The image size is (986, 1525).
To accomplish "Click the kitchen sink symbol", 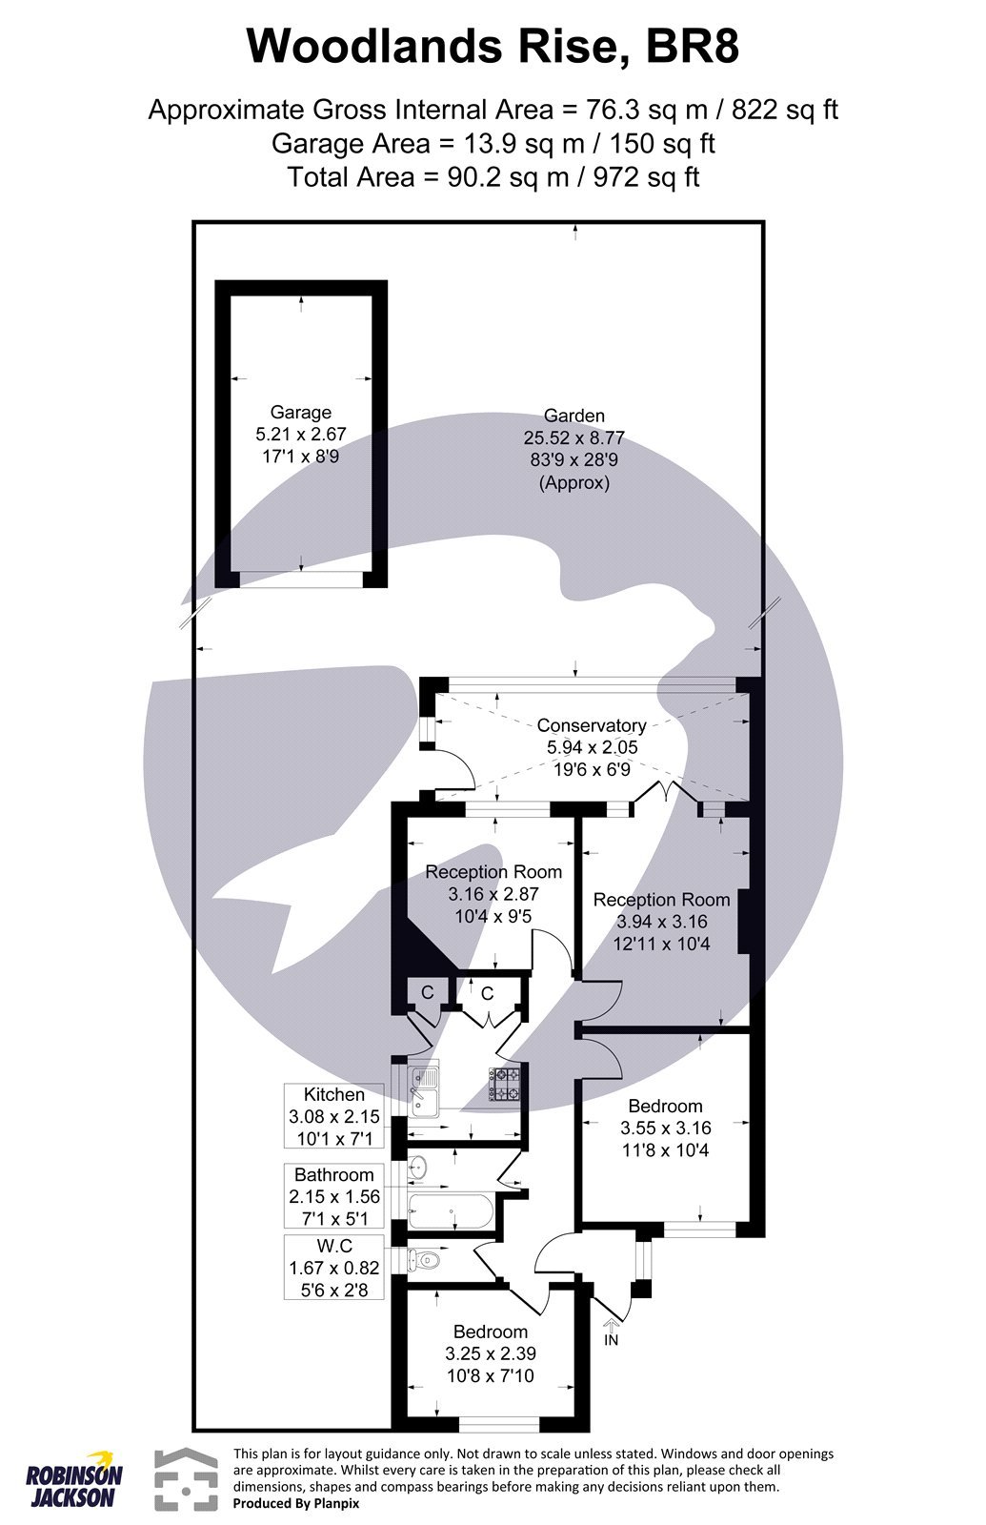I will [x=422, y=1089].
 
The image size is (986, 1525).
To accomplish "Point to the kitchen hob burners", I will [x=506, y=1085].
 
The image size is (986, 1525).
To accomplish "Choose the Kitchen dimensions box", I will [x=333, y=1116].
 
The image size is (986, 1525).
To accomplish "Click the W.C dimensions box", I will [x=333, y=1269].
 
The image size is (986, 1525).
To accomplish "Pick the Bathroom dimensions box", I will [x=333, y=1196].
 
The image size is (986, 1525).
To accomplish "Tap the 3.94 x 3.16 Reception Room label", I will [x=661, y=922].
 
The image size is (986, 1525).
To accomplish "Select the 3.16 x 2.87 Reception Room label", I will [x=493, y=894].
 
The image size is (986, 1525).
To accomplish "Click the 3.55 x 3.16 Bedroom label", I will [x=665, y=1128].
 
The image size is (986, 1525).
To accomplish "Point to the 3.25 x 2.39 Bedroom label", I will [x=490, y=1353].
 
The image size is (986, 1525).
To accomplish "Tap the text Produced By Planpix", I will [x=296, y=1503].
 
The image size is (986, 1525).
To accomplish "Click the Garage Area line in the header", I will [x=493, y=143].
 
